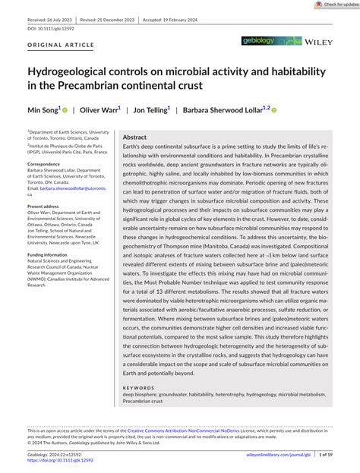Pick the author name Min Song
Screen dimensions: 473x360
43,110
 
